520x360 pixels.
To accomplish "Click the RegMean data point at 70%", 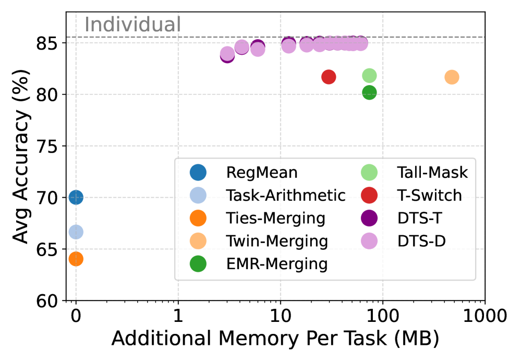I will [76, 197].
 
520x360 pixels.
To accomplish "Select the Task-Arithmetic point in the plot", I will [76, 232].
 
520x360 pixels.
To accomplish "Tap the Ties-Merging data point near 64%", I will [76, 258].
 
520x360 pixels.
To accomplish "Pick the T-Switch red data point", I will [329, 77].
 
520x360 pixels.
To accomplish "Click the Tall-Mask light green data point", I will [369, 76].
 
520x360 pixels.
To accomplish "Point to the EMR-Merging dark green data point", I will [369, 93].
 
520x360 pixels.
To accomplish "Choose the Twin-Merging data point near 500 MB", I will [452, 77].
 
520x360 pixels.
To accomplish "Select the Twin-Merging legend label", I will [277, 241].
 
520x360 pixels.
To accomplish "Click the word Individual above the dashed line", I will [132, 25].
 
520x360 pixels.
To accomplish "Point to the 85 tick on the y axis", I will [52, 43].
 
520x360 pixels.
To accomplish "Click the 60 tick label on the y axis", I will [52, 301].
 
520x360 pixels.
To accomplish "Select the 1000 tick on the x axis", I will [485, 316].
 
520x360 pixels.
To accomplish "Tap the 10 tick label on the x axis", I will [281, 316].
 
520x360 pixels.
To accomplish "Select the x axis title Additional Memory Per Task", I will [275, 339].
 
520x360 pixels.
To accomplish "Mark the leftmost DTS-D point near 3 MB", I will [227, 53].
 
